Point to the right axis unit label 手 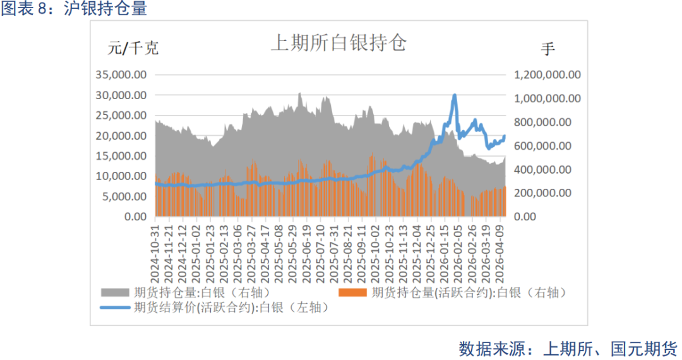click(x=548, y=48)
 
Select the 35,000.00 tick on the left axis click(x=121, y=75)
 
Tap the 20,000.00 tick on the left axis click(x=121, y=135)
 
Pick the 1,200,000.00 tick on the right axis click(x=547, y=75)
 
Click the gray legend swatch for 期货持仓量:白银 click(x=116, y=292)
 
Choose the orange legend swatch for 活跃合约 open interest click(x=353, y=292)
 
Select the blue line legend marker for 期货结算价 click(x=116, y=308)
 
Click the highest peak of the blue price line click(x=454, y=95)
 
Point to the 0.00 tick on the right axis click(x=529, y=216)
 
